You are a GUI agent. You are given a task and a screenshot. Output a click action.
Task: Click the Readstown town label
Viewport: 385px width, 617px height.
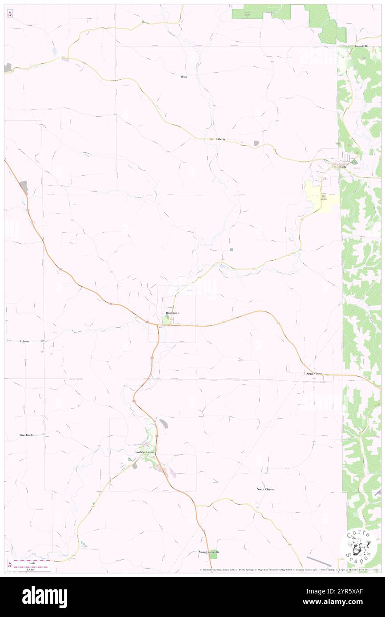172,313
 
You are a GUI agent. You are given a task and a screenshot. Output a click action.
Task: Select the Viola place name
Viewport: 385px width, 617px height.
343,167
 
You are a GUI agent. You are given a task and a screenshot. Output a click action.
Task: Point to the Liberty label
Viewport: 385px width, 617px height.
221,139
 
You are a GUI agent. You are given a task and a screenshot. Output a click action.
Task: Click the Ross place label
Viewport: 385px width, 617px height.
184,77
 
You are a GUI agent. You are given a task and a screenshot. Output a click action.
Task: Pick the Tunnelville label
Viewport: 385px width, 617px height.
361,46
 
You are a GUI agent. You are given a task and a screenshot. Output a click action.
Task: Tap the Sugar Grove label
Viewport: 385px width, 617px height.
314,374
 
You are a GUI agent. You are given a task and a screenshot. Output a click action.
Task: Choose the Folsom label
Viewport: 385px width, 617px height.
24,341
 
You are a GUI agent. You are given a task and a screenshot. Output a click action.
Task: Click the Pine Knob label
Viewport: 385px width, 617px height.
26,435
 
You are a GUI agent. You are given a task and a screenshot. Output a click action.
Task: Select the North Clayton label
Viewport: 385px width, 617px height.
265,489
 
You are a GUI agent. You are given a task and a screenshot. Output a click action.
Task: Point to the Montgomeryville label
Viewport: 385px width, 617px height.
209,552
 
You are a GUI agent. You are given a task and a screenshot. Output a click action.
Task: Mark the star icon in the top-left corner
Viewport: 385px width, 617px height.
10,13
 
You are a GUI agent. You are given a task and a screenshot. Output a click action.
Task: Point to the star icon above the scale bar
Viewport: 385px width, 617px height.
10,563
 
